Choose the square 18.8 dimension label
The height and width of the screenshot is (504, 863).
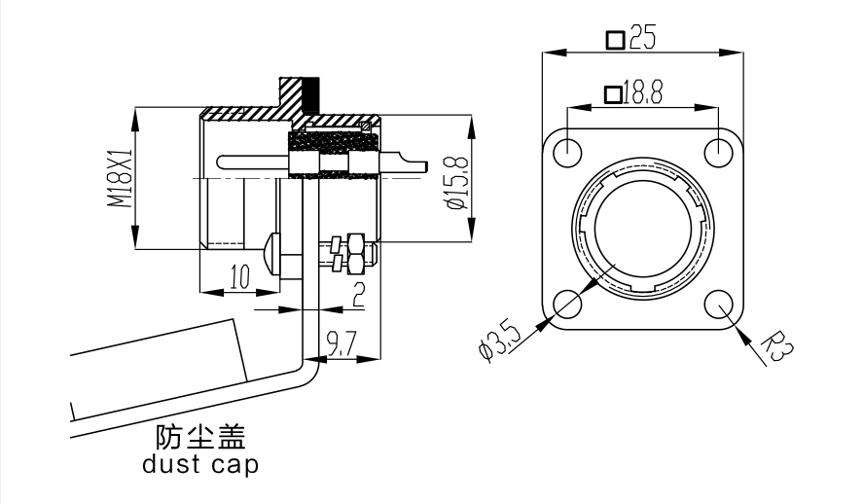(633, 93)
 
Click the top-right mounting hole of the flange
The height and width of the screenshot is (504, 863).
(718, 152)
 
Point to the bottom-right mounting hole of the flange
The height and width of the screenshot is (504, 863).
(718, 304)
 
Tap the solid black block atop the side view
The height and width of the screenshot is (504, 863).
(311, 94)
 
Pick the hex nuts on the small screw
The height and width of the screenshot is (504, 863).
(350, 251)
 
